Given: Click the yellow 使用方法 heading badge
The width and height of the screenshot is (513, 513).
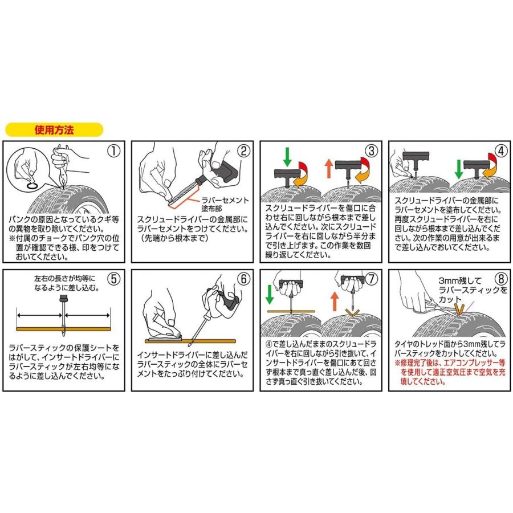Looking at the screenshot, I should pyautogui.click(x=55, y=129).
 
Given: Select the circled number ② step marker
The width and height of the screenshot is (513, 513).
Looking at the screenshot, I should pyautogui.click(x=243, y=151).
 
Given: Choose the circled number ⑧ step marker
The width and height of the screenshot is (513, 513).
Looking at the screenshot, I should pyautogui.click(x=499, y=279).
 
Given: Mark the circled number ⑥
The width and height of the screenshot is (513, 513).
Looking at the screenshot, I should pyautogui.click(x=243, y=279).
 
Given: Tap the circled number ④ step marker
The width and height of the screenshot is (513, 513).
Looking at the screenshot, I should pyautogui.click(x=500, y=151).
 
